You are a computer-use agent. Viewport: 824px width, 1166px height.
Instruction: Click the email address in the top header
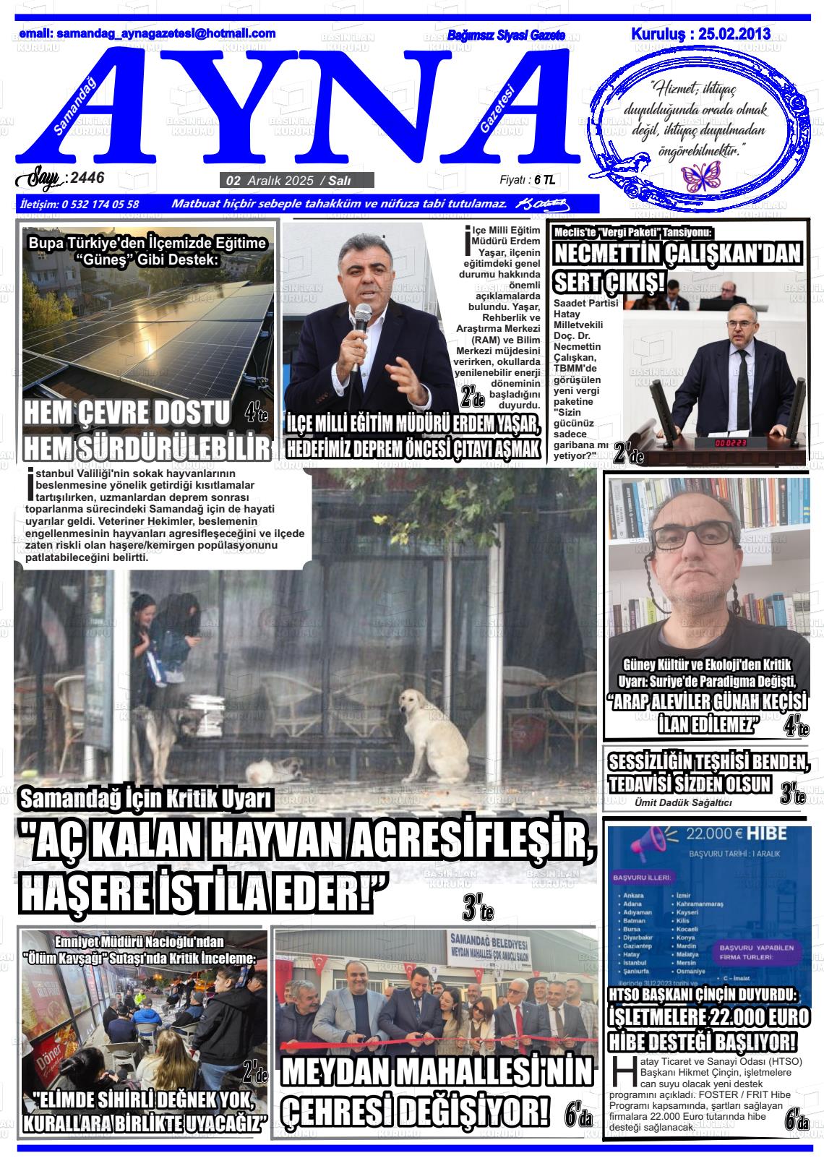pos(147,33)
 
